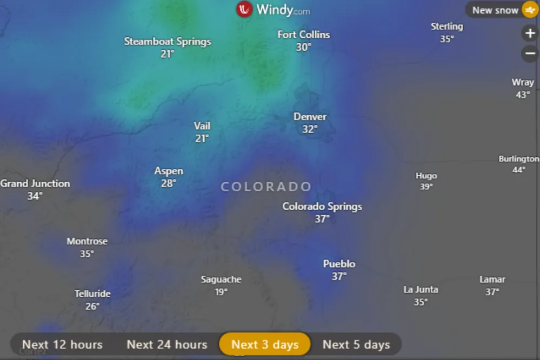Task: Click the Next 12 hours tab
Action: pos(62,344)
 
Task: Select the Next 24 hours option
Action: pos(167,344)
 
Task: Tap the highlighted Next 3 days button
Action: pos(265,344)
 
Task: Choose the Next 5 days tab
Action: pos(356,344)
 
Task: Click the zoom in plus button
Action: pos(529,34)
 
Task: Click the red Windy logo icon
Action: pos(244,9)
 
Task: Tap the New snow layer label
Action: pos(495,10)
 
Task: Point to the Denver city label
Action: pos(310,117)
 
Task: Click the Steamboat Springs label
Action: pos(168,42)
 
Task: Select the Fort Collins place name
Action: pos(304,35)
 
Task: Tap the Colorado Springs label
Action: pos(322,206)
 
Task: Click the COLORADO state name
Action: pos(266,187)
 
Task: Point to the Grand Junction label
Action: pos(35,184)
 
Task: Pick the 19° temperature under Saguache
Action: pos(221,292)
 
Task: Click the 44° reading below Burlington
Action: pos(519,170)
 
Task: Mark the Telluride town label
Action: pos(92,294)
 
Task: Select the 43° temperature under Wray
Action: pos(523,95)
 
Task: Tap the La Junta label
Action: pos(421,290)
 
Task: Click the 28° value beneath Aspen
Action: pos(169,183)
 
